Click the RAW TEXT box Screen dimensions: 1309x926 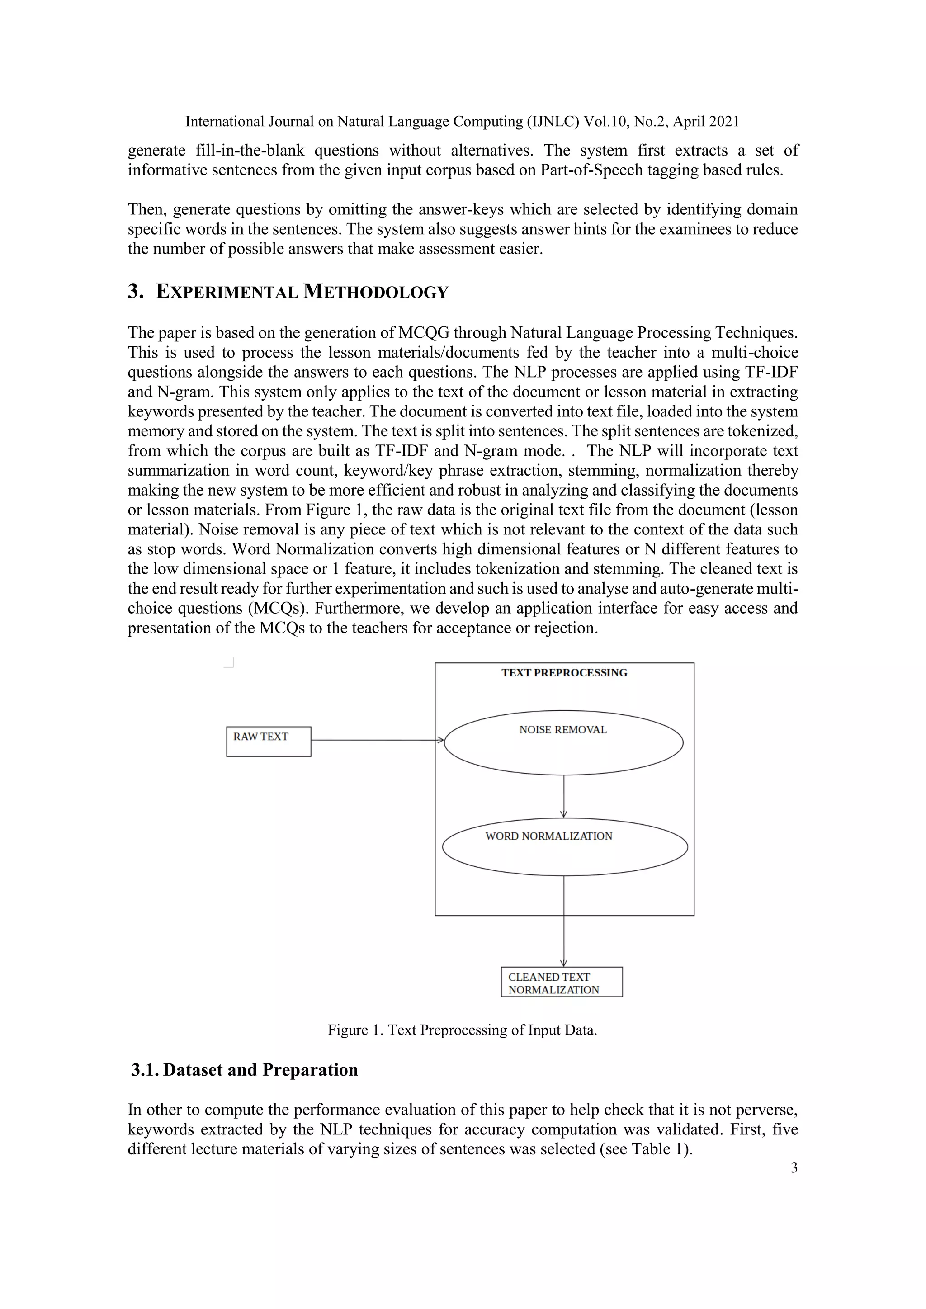269,741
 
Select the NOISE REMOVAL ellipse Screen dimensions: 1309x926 563,743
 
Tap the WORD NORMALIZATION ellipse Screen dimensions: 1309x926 564,847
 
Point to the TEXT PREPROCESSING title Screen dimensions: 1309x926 564,673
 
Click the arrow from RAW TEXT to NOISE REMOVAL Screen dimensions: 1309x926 376,740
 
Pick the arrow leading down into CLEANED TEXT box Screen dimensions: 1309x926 564,940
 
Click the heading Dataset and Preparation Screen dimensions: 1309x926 260,1070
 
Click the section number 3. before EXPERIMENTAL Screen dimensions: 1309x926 135,291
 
